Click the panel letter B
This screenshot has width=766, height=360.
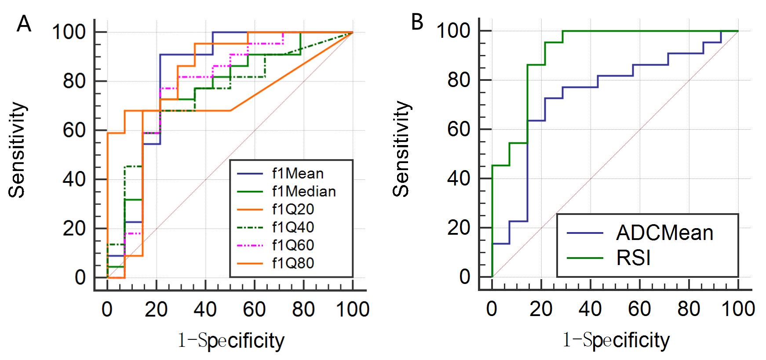(417, 22)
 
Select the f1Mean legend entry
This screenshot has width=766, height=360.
(298, 174)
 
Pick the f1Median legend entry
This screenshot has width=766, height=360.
(304, 192)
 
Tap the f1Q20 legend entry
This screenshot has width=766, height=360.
(293, 209)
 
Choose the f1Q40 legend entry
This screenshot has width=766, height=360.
(293, 227)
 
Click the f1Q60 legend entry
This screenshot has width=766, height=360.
(293, 245)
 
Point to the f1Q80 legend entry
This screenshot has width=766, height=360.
(293, 263)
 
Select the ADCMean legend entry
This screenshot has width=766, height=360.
(664, 233)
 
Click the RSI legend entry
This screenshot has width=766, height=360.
(633, 258)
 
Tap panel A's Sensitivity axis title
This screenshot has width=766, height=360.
(17, 150)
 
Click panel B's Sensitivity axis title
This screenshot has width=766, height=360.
(401, 149)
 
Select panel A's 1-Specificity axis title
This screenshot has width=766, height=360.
(231, 341)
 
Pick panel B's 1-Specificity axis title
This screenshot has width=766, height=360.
(616, 340)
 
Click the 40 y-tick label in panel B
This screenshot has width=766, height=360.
(459, 178)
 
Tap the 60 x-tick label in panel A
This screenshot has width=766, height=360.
(254, 309)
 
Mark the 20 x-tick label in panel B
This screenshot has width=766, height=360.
(541, 309)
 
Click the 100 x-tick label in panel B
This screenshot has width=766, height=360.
(738, 309)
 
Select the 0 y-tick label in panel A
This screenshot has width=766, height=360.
(80, 278)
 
